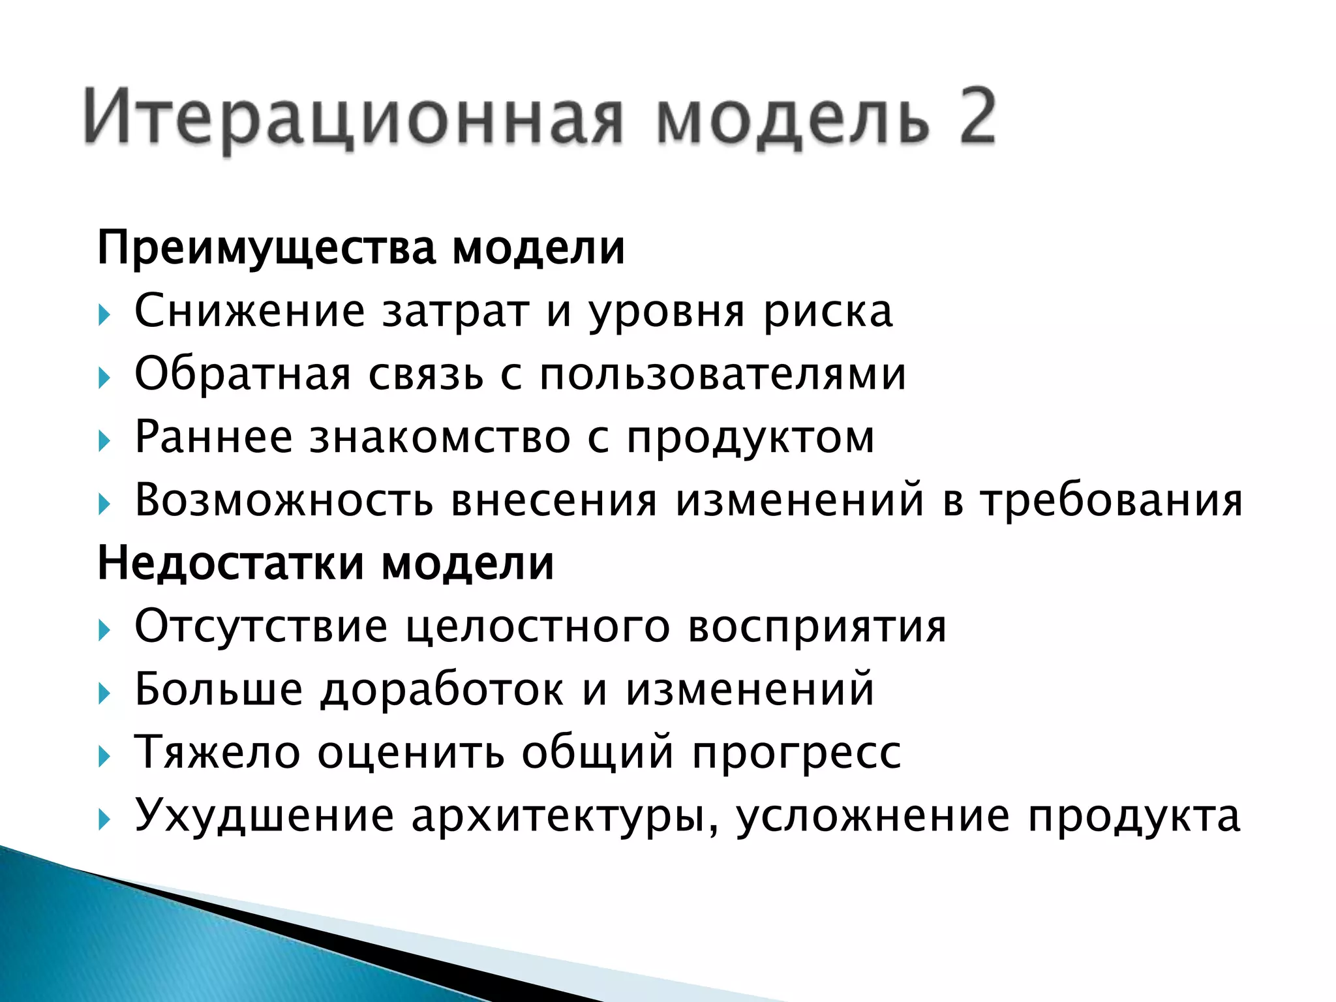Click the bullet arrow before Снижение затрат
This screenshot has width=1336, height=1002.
tap(104, 316)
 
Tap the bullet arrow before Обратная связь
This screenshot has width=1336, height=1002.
tap(104, 378)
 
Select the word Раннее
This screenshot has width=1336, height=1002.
tap(213, 437)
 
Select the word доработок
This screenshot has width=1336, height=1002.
tap(442, 690)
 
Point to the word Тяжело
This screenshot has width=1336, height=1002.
tap(217, 753)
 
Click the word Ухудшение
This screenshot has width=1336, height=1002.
tap(264, 815)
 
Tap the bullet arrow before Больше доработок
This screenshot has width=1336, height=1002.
tap(104, 693)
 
